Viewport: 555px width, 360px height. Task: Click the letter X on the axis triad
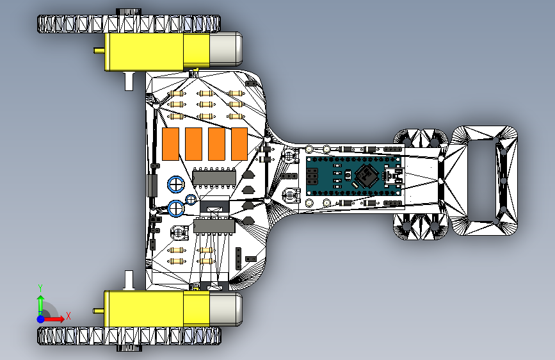coord(68,316)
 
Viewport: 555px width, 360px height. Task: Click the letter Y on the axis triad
coord(40,288)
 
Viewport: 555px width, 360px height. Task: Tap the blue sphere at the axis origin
coord(41,319)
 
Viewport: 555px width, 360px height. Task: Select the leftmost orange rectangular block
coord(170,144)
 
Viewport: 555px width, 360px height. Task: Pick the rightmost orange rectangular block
coord(239,144)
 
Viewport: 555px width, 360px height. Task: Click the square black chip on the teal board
coord(367,176)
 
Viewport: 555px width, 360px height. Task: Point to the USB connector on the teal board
coord(394,176)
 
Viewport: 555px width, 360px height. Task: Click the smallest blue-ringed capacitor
coord(191,199)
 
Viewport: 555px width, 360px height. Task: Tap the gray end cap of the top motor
coord(226,49)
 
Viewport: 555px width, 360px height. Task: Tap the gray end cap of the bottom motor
coord(226,309)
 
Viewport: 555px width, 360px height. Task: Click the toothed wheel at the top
coord(129,24)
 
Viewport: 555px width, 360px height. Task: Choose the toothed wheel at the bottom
coord(129,336)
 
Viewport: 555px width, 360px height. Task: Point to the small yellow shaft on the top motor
coord(99,51)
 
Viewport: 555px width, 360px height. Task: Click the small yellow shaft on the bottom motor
coord(99,311)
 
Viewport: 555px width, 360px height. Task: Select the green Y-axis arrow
coord(41,306)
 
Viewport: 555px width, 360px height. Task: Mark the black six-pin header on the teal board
coord(312,176)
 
